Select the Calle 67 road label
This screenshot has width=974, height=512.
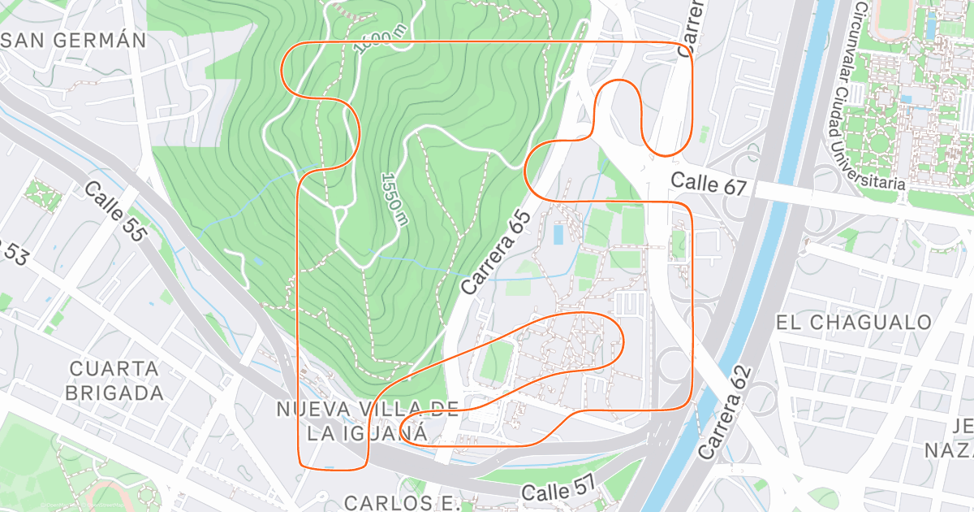click(709, 184)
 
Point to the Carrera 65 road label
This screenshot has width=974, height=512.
click(496, 253)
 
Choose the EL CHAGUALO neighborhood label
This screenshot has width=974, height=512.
click(853, 323)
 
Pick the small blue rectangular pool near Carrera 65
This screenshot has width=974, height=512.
click(558, 235)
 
